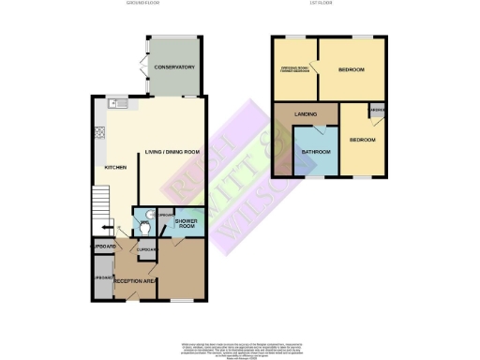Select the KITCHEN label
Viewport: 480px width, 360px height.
(115, 168)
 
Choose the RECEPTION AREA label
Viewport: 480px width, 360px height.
(133, 280)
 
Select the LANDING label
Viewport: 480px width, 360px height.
(305, 114)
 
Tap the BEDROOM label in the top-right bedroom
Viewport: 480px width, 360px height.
(352, 70)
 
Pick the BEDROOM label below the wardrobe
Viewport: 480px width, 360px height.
(362, 140)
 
